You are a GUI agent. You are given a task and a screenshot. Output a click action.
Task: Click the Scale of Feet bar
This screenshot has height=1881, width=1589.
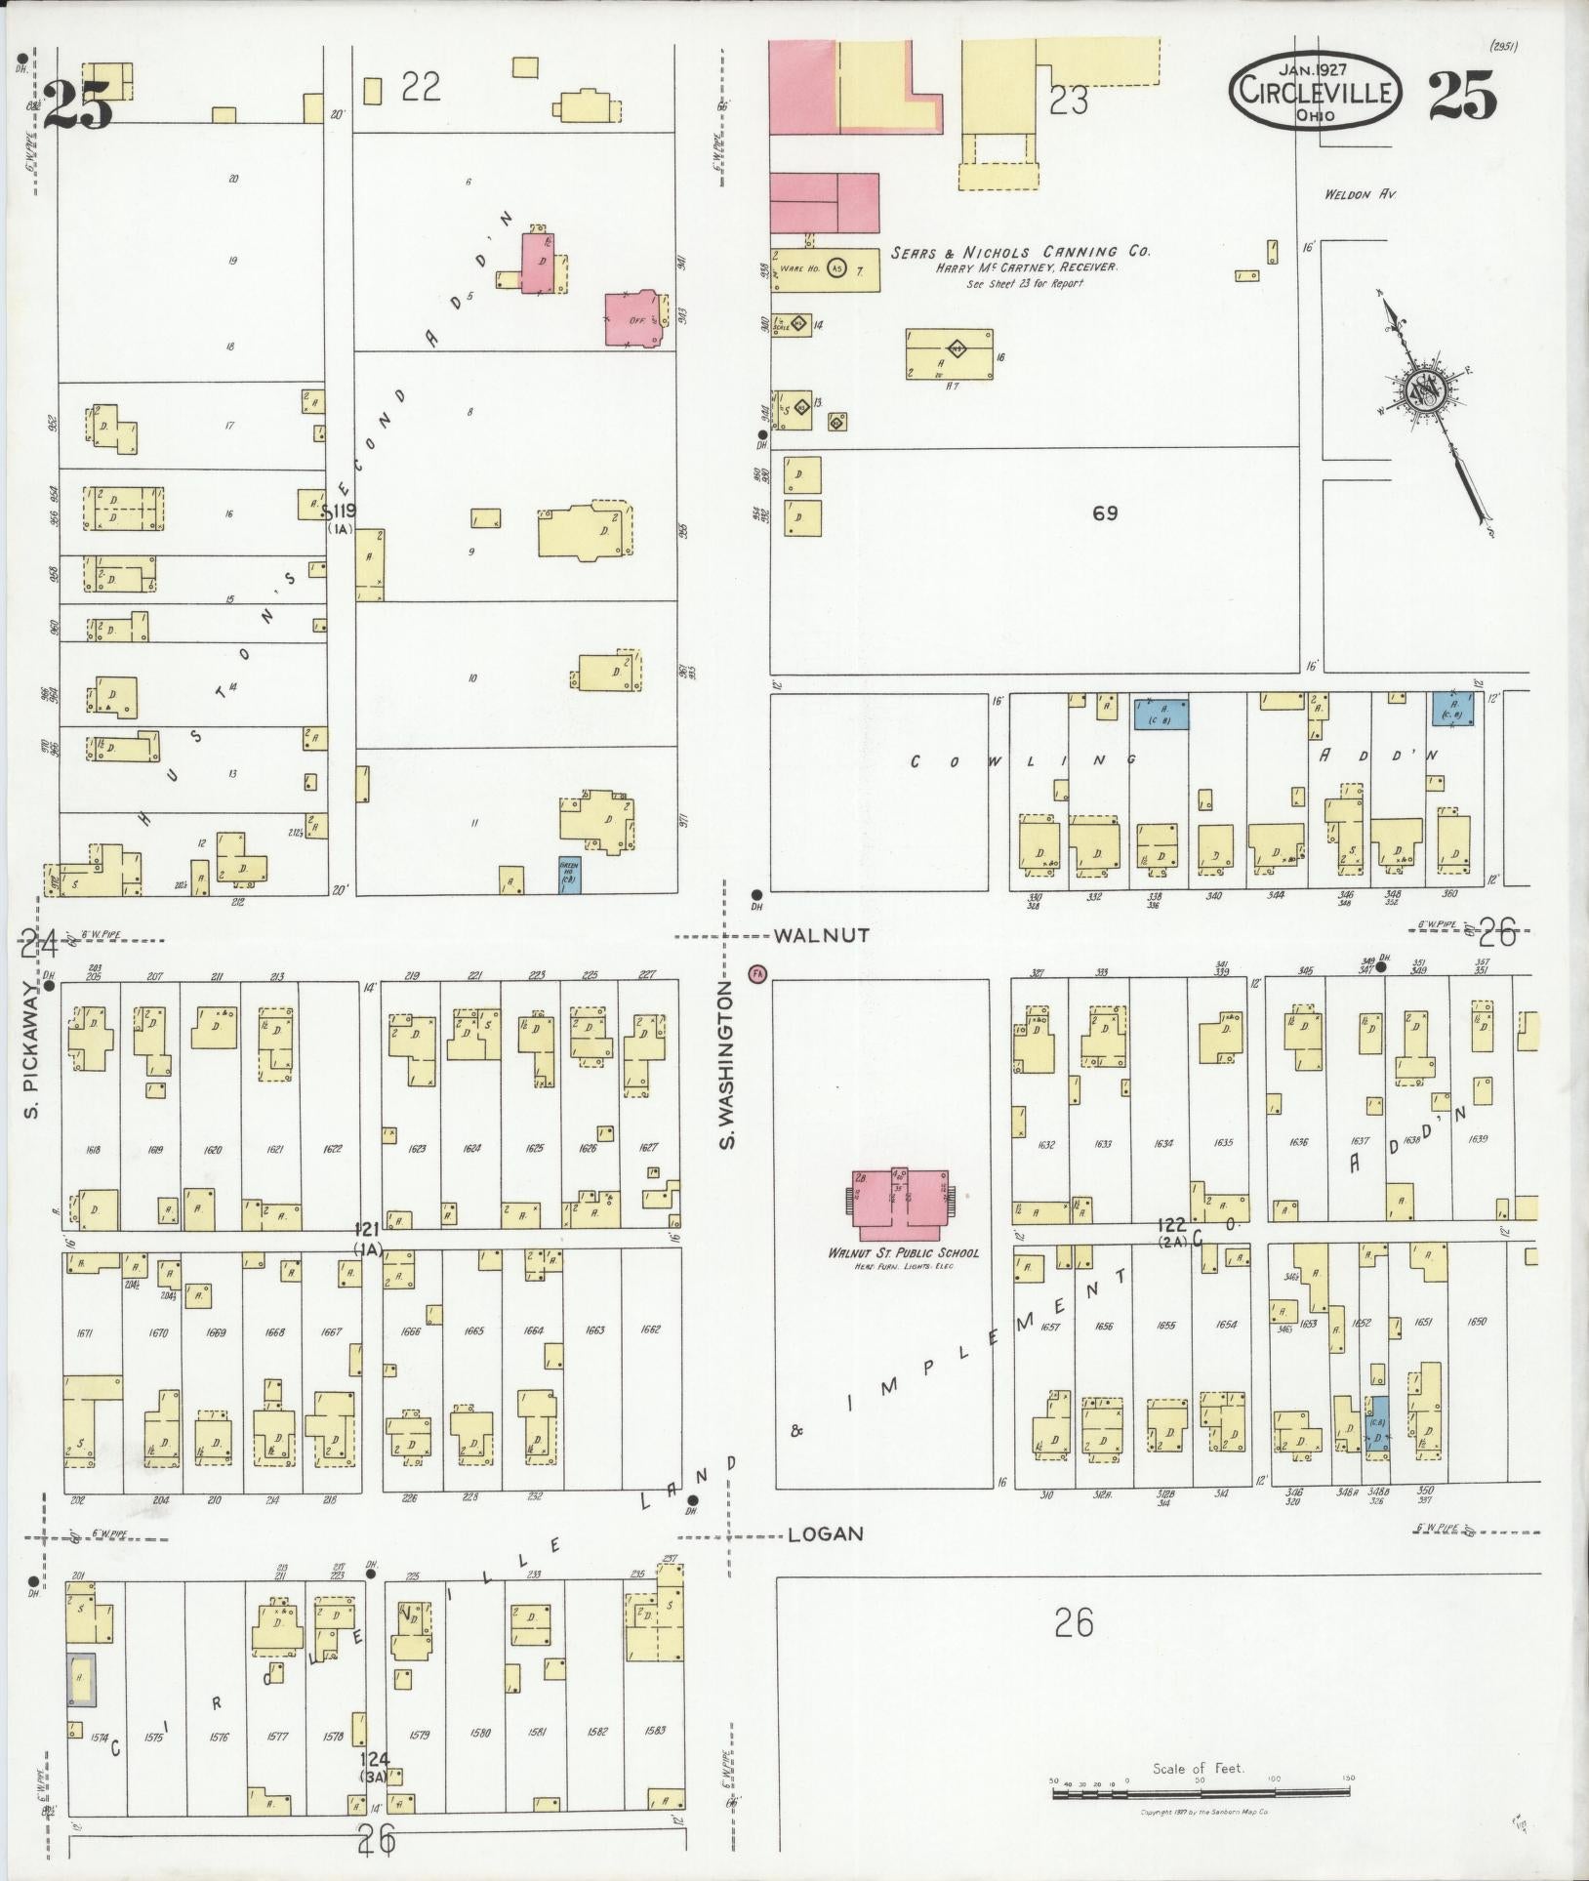pos(1200,1792)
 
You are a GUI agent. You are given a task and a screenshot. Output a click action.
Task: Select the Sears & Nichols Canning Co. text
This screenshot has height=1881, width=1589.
pos(1020,252)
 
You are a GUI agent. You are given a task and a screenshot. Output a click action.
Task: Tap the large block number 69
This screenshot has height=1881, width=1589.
pos(1104,513)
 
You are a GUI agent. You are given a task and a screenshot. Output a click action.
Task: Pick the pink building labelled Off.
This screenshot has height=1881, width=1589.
pos(633,319)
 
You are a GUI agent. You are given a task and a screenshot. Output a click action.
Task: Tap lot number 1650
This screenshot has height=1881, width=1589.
pos(1477,1322)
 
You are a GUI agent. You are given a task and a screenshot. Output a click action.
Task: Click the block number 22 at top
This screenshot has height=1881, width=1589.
pos(421,89)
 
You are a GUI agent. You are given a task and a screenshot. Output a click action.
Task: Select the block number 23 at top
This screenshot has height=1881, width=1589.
pos(1068,101)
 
